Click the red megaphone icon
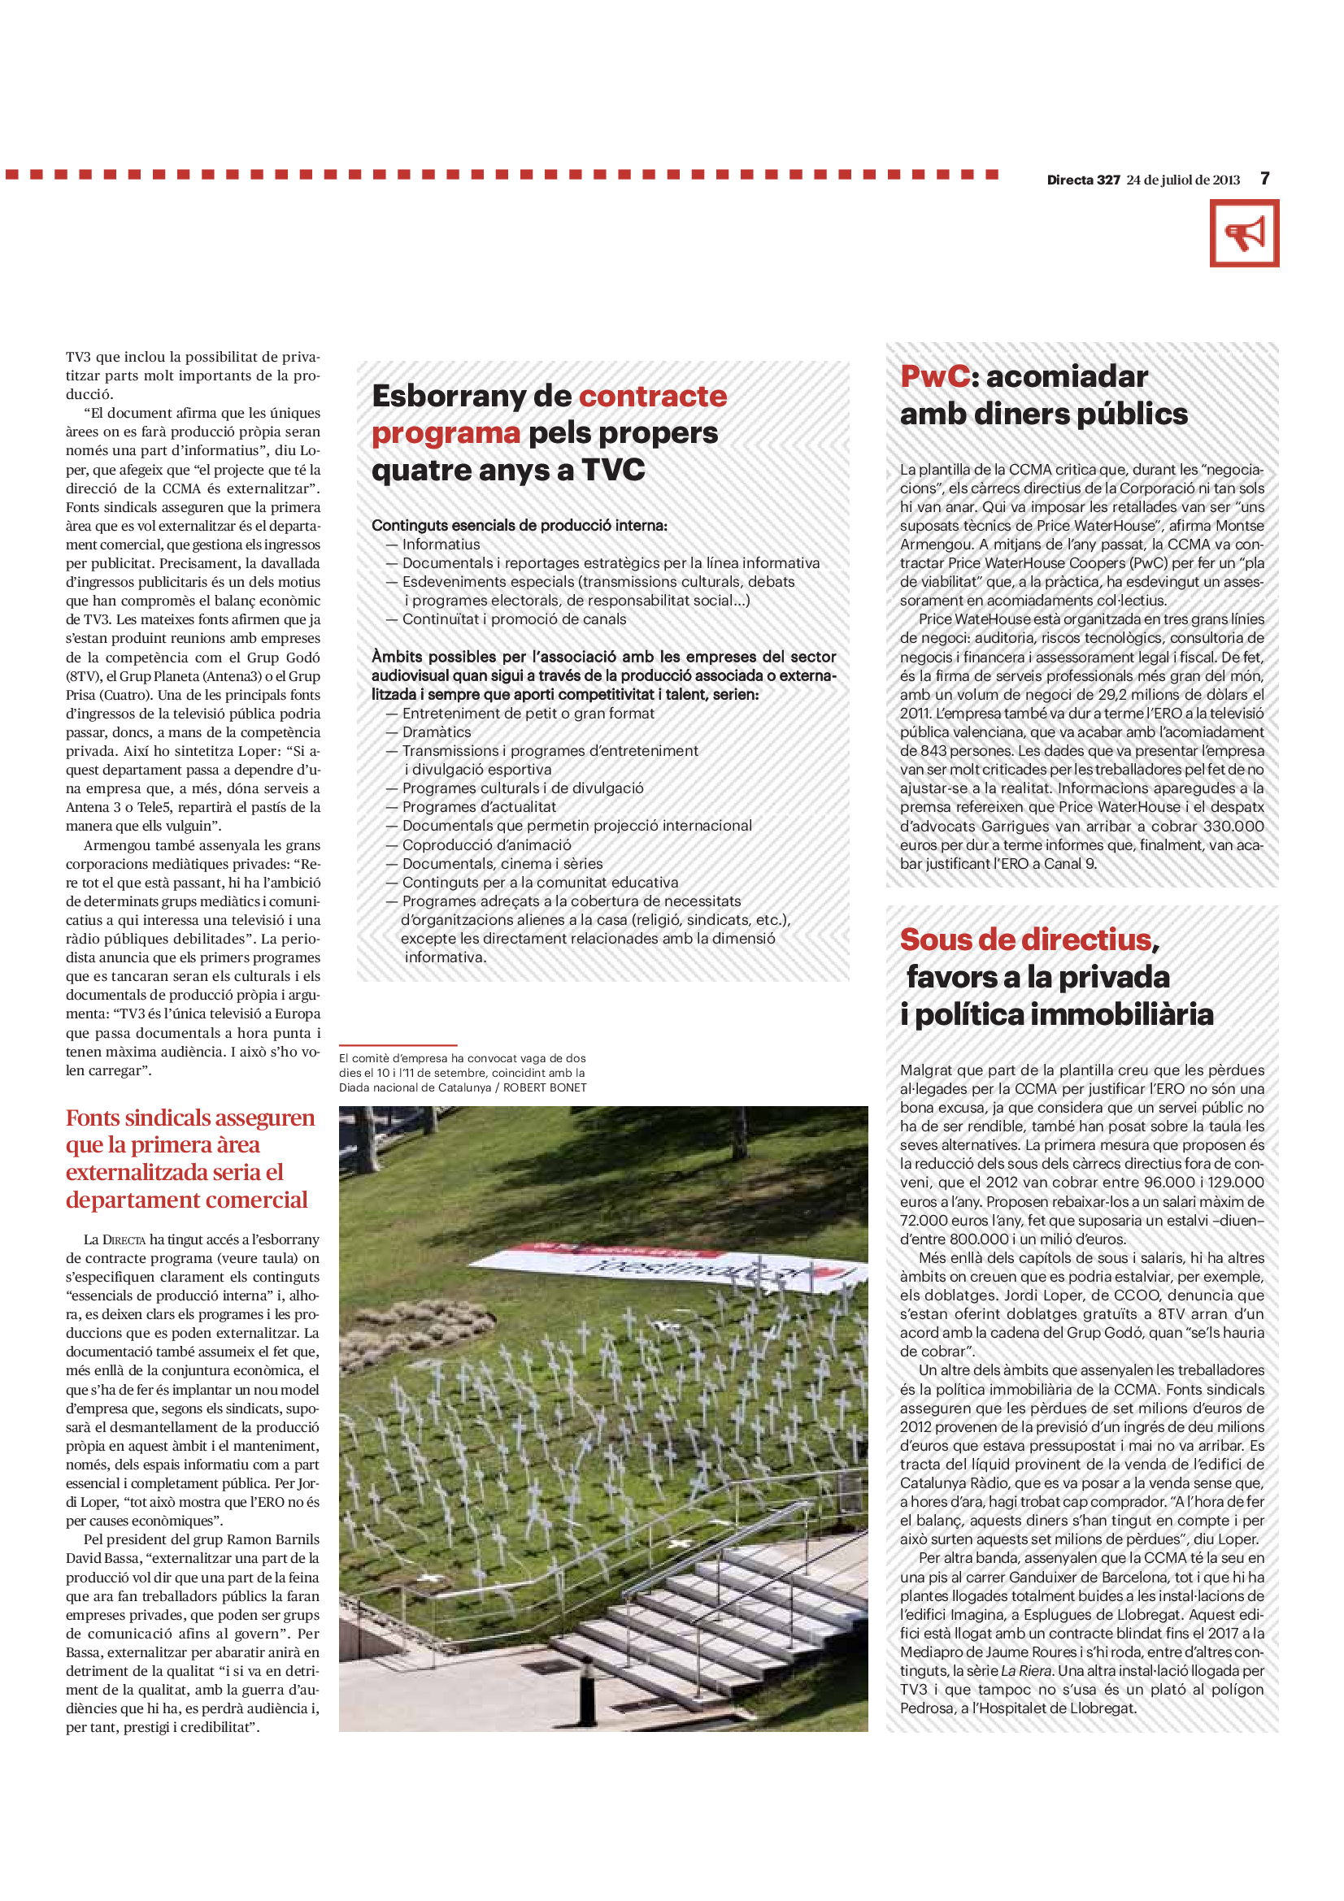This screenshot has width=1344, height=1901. (1244, 233)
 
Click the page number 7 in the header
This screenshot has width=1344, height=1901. (1264, 179)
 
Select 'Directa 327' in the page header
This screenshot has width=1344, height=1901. (1083, 180)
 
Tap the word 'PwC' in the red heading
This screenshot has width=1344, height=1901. (935, 377)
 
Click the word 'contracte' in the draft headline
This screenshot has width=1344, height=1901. (653, 396)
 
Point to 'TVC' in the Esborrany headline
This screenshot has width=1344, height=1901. (613, 471)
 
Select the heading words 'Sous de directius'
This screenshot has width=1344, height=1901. (1026, 940)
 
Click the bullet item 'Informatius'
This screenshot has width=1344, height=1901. (441, 545)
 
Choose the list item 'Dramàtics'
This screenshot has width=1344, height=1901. (437, 732)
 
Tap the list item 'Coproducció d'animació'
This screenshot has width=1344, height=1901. (487, 844)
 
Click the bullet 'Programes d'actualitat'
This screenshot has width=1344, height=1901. (480, 807)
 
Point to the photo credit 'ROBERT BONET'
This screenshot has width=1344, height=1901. (544, 1088)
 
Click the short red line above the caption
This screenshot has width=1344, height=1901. (398, 1046)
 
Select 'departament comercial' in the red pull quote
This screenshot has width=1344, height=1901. (187, 1200)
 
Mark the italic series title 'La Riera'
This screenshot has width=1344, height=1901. (1027, 1671)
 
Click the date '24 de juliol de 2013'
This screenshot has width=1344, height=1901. (1182, 180)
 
